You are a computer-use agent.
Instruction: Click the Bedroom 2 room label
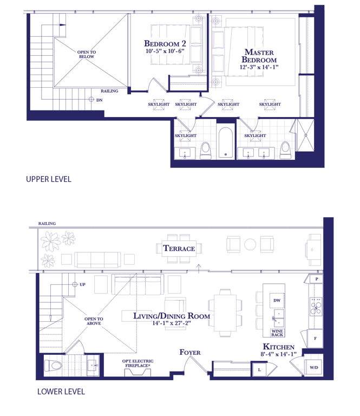pos(165,43)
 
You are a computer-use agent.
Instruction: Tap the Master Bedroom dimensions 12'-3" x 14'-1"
pos(259,67)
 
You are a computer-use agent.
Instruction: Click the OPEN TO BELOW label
pos(87,54)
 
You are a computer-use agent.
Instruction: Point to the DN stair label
pos(100,100)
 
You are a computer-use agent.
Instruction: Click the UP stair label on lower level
pos(82,284)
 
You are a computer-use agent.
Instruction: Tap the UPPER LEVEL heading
pos(49,179)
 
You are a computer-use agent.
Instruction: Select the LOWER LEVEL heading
pos(61,392)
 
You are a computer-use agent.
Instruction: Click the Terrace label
pos(179,248)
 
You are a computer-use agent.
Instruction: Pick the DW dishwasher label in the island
pos(277,300)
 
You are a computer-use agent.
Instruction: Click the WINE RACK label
pos(277,333)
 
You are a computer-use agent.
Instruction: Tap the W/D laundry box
pos(313,367)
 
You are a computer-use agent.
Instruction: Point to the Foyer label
pos(190,352)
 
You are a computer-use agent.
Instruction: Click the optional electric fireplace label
pos(138,363)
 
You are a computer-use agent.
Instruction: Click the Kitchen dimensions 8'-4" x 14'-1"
pos(278,354)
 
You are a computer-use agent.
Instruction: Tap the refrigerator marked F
pos(315,339)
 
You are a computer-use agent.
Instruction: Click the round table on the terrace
pos(250,244)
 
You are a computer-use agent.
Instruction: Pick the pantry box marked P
pos(316,279)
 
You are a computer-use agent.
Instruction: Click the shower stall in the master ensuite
pos(306,135)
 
